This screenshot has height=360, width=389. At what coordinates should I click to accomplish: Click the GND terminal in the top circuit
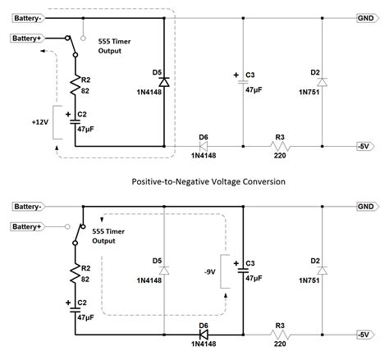pos(365,17)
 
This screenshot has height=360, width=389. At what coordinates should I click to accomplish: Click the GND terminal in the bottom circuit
pos(365,207)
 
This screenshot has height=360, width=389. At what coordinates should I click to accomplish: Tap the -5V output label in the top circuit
pos(365,145)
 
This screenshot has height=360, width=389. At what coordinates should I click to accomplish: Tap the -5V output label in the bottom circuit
pos(365,335)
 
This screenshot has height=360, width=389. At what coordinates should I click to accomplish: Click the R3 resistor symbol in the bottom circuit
pos(283,335)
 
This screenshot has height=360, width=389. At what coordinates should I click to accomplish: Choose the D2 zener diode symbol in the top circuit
pos(321,82)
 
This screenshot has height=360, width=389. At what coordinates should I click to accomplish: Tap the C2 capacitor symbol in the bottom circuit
pos(75,310)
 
